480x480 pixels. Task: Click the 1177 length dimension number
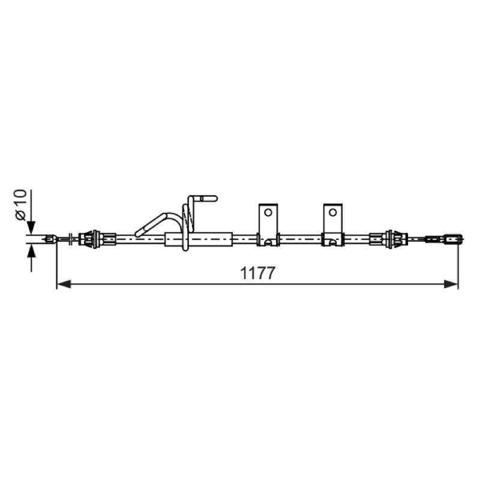tap(258, 273)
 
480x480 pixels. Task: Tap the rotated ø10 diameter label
tap(21, 205)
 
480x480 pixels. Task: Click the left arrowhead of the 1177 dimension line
tap(64, 284)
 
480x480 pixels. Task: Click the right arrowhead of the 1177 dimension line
tap(451, 284)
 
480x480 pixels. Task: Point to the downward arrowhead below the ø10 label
tap(31, 228)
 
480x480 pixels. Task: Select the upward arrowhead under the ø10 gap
tap(31, 251)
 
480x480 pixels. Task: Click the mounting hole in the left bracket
tap(268, 212)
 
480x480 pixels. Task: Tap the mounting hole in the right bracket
tap(333, 212)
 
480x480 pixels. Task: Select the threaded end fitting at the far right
tap(454, 239)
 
